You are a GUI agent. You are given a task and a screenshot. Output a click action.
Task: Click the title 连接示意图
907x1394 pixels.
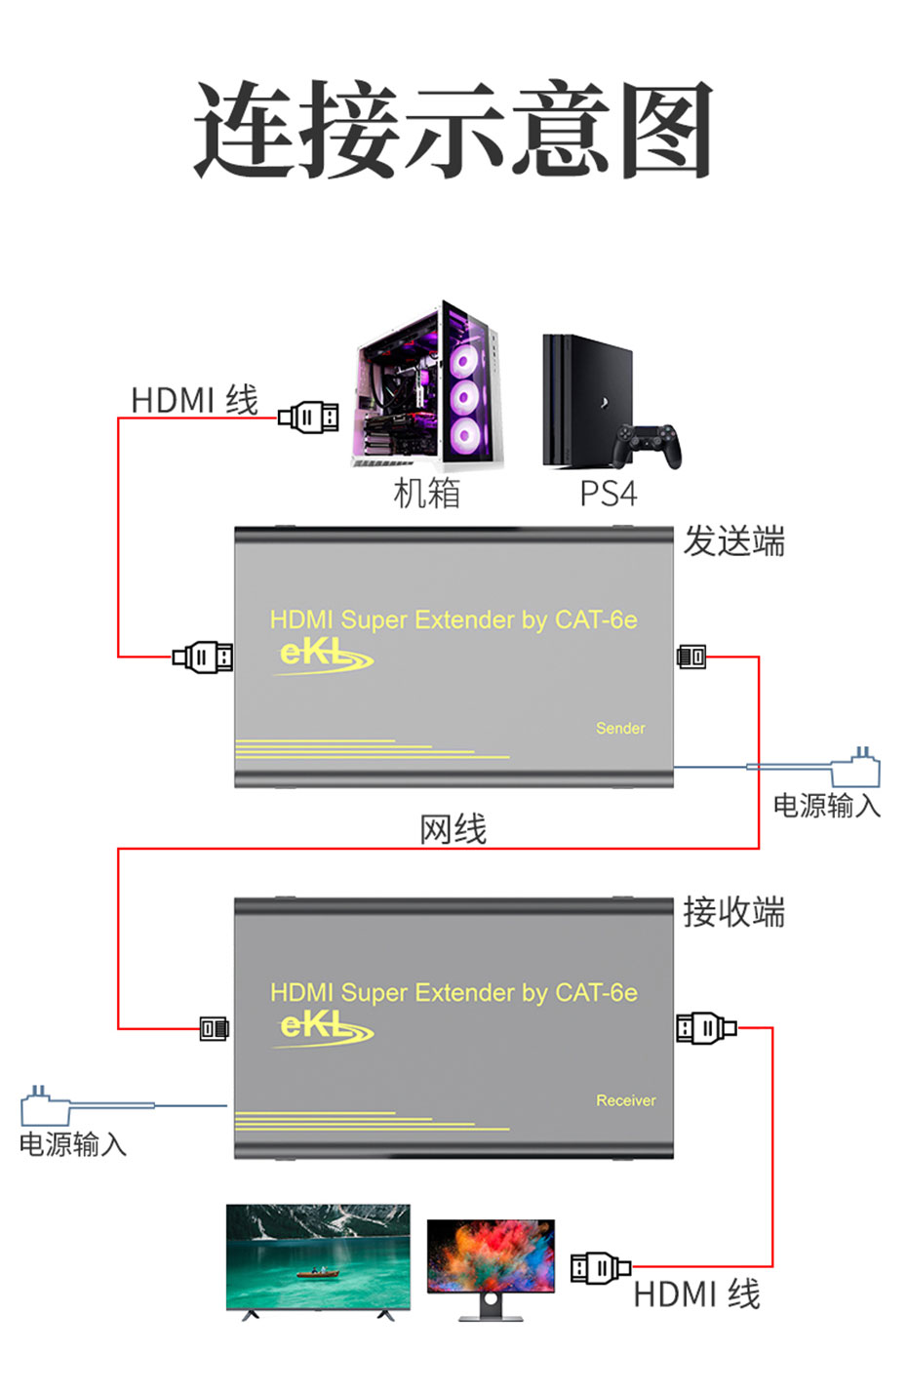(x=453, y=130)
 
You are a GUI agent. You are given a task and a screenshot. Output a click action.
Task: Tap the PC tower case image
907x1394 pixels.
(x=429, y=387)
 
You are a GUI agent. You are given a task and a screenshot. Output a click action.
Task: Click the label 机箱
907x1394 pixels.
(x=426, y=494)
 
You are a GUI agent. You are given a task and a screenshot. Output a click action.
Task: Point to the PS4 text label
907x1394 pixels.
(x=608, y=495)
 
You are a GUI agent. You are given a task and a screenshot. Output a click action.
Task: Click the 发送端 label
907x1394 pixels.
(x=733, y=541)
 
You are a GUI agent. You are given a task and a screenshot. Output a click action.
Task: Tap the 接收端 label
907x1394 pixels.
(x=733, y=913)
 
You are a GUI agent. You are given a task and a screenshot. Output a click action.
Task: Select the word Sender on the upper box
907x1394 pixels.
(x=620, y=729)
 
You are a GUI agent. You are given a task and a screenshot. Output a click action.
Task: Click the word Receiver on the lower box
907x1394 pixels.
(x=625, y=1100)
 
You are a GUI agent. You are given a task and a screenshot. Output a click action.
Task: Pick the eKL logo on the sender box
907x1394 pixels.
(x=322, y=656)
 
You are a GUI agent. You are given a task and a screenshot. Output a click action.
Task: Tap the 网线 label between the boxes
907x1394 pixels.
(x=453, y=830)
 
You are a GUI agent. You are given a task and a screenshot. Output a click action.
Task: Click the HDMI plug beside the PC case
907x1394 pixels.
(x=309, y=418)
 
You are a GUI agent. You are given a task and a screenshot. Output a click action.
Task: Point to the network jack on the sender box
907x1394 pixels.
(x=691, y=657)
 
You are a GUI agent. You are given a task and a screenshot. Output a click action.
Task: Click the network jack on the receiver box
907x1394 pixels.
(x=214, y=1028)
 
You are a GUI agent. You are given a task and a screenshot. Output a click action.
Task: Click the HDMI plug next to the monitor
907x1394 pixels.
(x=600, y=1268)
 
